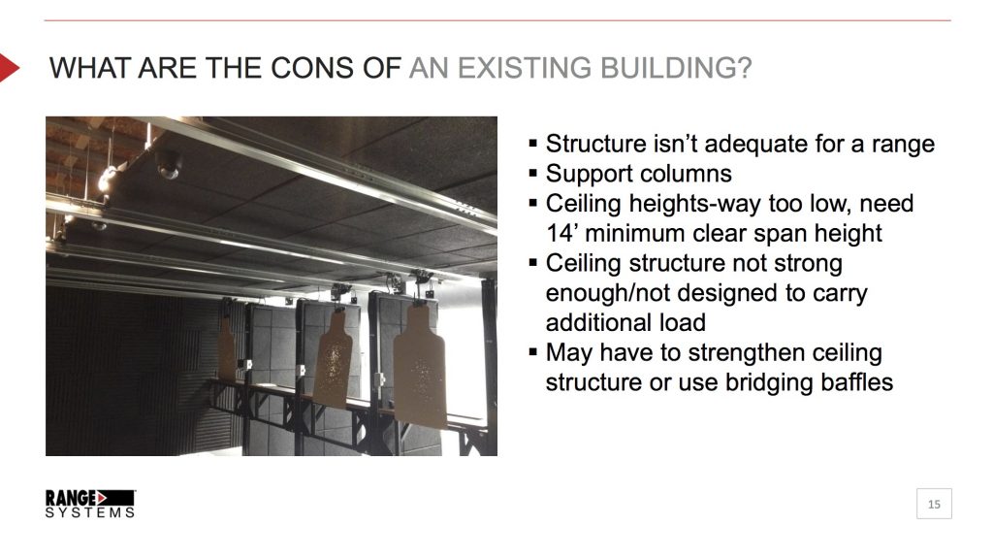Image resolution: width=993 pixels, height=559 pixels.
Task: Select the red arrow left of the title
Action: (x=9, y=68)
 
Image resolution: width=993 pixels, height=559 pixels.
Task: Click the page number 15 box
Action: (x=934, y=504)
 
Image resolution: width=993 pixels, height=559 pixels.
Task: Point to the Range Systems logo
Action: (x=89, y=503)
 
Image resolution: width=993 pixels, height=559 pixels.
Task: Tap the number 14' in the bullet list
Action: (x=561, y=234)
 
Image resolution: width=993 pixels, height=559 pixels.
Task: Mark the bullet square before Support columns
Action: (x=532, y=175)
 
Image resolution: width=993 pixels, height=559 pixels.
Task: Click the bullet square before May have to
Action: (x=532, y=352)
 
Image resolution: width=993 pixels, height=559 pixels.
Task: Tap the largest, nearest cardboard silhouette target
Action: (x=420, y=366)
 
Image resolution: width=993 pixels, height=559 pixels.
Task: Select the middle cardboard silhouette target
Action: (x=333, y=357)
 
